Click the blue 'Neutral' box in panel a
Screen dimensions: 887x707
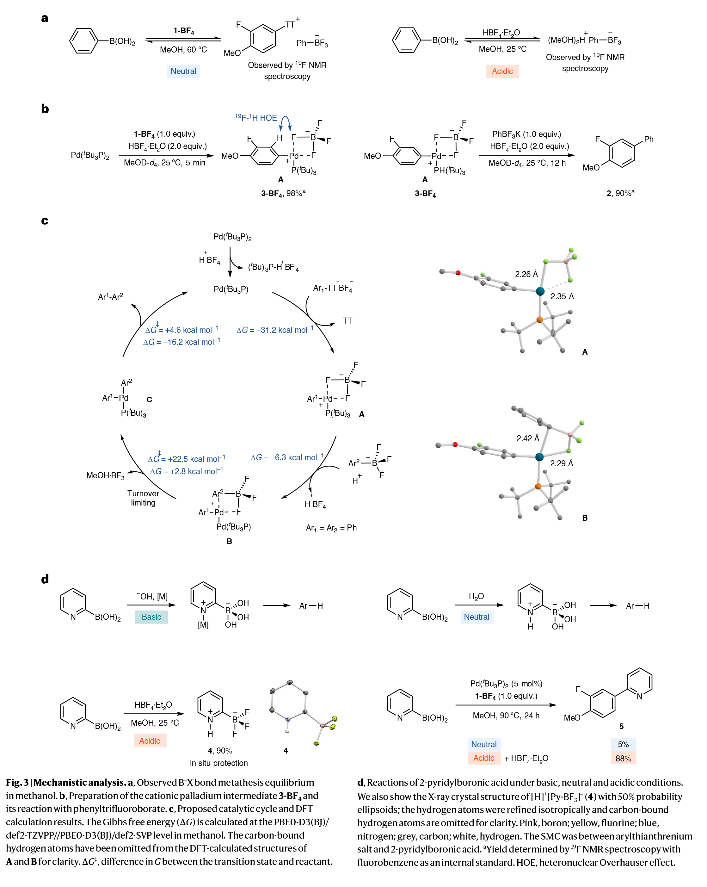pyautogui.click(x=183, y=71)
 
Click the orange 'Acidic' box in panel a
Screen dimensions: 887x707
pyautogui.click(x=502, y=71)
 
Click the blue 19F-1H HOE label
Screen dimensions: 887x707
pyautogui.click(x=256, y=118)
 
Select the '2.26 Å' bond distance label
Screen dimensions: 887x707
pyautogui.click(x=526, y=274)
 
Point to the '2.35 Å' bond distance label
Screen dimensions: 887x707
pyautogui.click(x=562, y=296)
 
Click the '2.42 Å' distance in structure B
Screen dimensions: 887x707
pyautogui.click(x=527, y=438)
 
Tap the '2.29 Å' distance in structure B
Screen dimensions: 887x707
pyautogui.click(x=562, y=463)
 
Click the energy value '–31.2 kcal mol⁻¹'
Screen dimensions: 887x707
pyautogui.click(x=275, y=330)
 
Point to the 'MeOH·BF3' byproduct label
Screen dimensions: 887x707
pyautogui.click(x=105, y=475)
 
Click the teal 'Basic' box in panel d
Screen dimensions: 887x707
pyautogui.click(x=151, y=617)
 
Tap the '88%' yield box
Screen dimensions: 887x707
pyautogui.click(x=623, y=758)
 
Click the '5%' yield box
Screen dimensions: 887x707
pyautogui.click(x=623, y=744)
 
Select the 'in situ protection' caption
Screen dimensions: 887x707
pyautogui.click(x=219, y=763)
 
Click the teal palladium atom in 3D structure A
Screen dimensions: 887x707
pyautogui.click(x=540, y=291)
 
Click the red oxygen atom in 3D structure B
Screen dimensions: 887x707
pyautogui.click(x=455, y=444)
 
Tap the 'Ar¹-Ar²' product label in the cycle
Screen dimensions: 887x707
pyautogui.click(x=110, y=297)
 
